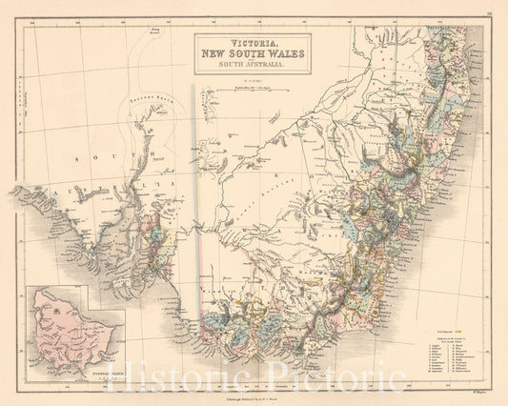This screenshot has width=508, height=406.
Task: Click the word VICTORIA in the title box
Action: pos(250,42)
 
